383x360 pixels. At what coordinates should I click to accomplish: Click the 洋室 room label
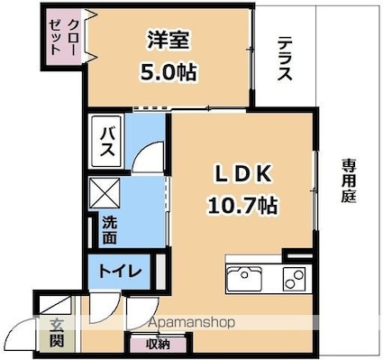click(x=168, y=40)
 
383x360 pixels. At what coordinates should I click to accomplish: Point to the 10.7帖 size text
click(x=242, y=205)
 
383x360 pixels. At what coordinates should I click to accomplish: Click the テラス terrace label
click(x=284, y=60)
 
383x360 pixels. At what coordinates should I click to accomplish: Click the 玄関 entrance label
click(x=56, y=332)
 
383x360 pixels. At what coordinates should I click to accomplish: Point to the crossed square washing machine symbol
click(x=105, y=192)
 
